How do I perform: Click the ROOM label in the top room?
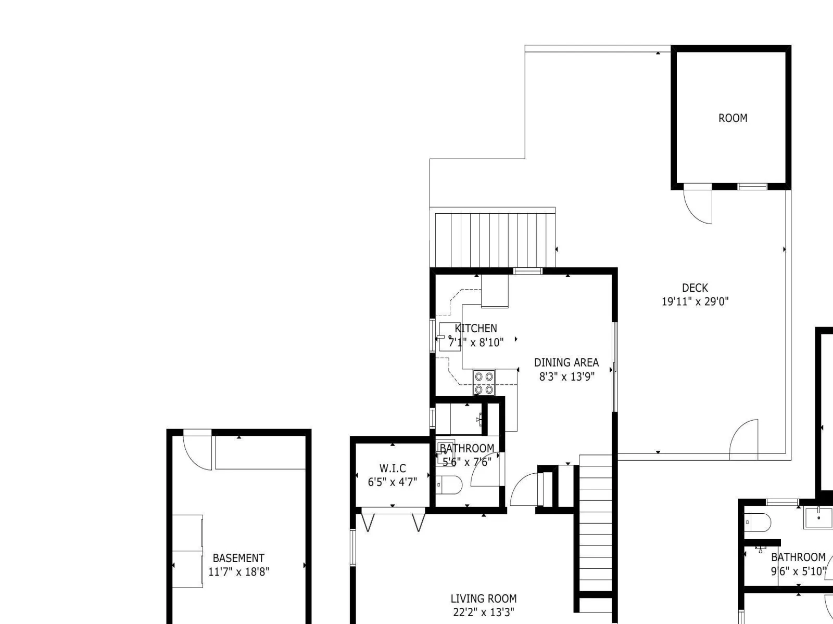tap(733, 118)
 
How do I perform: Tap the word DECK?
tap(695, 288)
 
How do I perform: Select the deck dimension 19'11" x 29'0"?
tap(695, 302)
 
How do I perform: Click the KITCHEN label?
tap(476, 328)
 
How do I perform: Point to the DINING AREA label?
tap(566, 362)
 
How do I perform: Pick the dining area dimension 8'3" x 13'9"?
tap(566, 376)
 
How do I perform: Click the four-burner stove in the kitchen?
tap(484, 383)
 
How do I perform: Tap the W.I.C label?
tap(393, 468)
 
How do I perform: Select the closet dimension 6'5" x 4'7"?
tap(393, 482)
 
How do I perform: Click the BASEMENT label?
tap(238, 558)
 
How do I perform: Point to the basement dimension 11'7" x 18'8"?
tap(238, 571)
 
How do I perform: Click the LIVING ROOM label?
tap(484, 599)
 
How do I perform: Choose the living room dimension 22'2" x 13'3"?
tap(484, 612)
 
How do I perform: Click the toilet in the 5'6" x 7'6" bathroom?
tap(449, 485)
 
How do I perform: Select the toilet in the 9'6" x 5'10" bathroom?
tap(758, 523)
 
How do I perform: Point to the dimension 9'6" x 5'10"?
tap(799, 571)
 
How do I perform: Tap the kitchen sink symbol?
tap(450, 337)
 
